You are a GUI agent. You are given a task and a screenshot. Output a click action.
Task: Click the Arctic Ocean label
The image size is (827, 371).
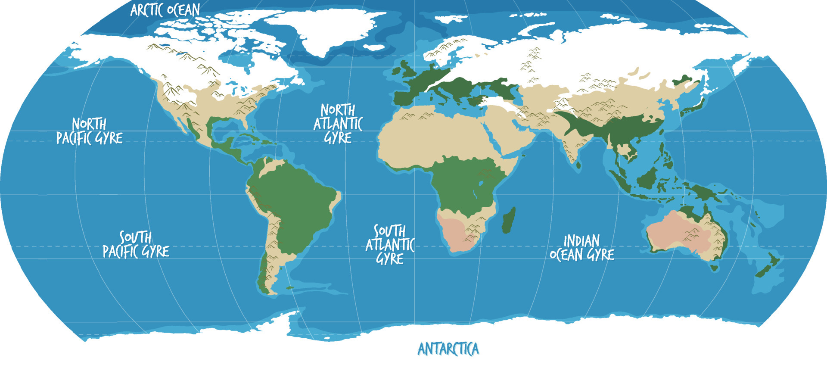165,10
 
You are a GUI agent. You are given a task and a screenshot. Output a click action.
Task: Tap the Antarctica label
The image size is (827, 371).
448,349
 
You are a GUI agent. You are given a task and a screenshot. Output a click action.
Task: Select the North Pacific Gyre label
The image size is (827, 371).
90,131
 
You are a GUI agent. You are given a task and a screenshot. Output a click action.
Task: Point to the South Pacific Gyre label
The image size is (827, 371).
136,244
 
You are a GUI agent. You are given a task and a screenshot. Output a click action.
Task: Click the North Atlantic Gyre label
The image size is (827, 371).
338,124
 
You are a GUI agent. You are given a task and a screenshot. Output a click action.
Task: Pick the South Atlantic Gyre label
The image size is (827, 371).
390,244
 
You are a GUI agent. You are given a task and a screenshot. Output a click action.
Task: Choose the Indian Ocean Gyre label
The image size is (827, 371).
582,248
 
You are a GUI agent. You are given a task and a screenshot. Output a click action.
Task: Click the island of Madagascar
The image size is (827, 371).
509,220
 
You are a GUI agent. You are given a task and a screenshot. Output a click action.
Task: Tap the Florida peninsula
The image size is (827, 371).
245,122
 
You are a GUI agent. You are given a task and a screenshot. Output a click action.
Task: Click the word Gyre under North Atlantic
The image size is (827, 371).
338,138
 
